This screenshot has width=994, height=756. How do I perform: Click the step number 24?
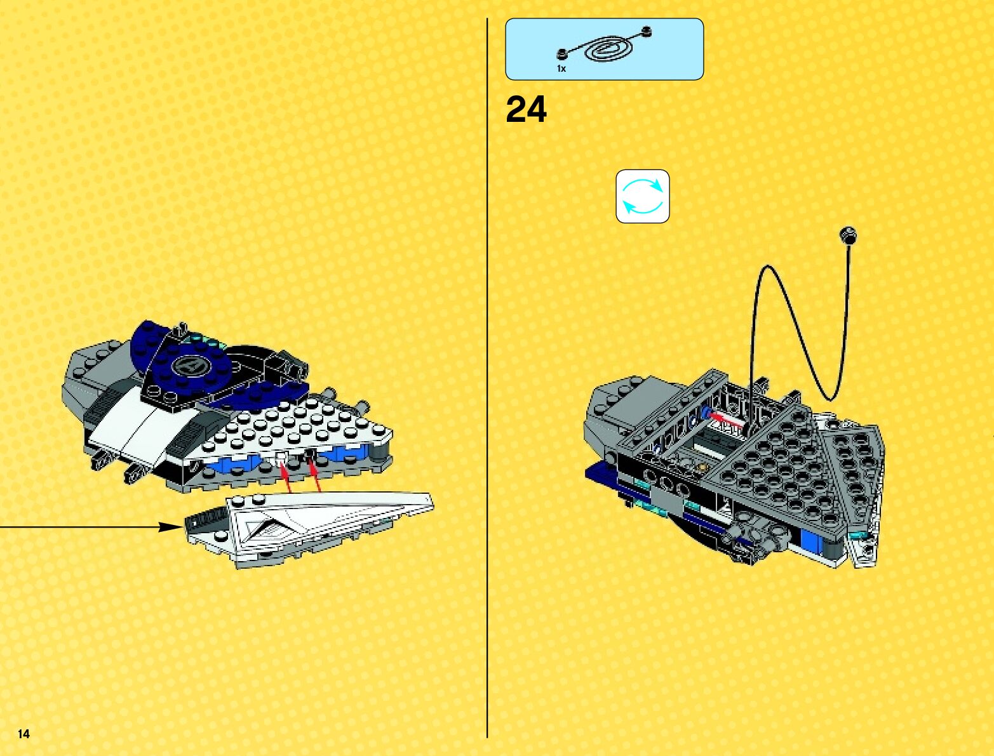click(526, 110)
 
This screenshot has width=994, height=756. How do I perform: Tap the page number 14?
click(24, 734)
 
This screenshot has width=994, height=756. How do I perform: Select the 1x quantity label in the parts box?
click(561, 69)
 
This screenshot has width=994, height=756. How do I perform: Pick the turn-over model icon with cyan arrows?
click(642, 196)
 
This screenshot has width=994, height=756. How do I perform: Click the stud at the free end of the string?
click(847, 235)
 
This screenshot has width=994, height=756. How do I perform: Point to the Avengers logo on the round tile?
click(189, 366)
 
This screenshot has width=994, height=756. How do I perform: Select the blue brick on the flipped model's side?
click(809, 541)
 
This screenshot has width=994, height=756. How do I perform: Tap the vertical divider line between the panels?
click(487, 381)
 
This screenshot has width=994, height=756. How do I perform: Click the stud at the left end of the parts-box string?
click(561, 54)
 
